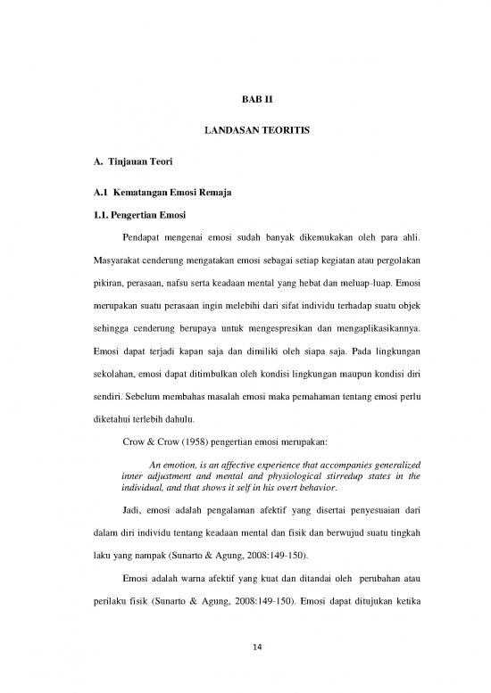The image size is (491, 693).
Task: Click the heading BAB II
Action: point(245,101)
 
